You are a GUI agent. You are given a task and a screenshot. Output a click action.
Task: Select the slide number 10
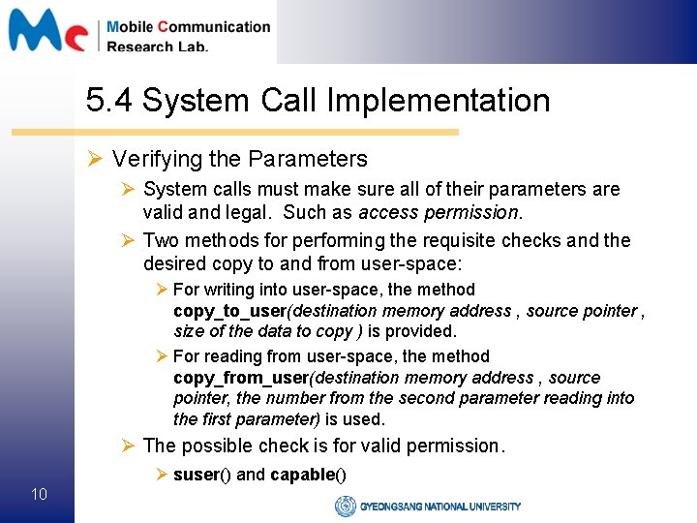(39, 495)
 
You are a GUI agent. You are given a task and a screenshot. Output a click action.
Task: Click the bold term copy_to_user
(230, 311)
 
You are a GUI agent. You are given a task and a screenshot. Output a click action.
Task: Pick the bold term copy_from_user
(238, 378)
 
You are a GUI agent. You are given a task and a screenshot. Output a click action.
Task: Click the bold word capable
(302, 475)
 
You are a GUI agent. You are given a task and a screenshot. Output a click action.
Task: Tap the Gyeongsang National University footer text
(440, 506)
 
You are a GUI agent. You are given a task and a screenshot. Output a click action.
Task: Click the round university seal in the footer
(345, 506)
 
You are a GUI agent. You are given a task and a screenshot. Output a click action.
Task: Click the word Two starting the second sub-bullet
(161, 240)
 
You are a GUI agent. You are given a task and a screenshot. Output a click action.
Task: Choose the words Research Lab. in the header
(157, 46)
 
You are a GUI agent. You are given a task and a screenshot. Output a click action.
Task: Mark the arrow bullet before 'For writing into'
(162, 290)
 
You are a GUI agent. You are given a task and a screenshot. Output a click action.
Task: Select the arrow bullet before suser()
(162, 475)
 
